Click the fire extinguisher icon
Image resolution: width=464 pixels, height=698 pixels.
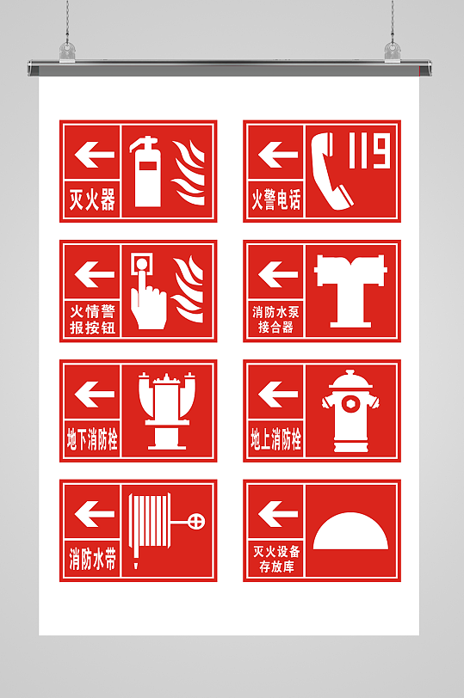[145, 172]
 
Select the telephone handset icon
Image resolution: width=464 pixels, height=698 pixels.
[330, 171]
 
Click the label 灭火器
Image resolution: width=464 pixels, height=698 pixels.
[92, 199]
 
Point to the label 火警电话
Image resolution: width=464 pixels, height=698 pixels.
[276, 199]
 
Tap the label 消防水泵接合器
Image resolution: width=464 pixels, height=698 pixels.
[276, 320]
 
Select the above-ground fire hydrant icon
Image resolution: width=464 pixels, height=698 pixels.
[350, 411]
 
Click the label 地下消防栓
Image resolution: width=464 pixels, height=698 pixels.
[92, 439]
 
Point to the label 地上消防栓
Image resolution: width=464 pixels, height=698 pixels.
[276, 439]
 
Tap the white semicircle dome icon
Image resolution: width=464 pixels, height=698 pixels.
[350, 531]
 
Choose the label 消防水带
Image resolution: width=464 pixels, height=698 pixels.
[92, 559]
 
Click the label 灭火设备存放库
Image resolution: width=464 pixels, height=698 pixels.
[276, 559]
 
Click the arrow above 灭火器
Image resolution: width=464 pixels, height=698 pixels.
[95, 155]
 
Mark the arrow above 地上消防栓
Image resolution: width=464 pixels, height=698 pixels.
[278, 394]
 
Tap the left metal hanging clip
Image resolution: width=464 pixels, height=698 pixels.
[67, 52]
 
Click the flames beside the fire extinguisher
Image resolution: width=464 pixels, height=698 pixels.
[189, 173]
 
